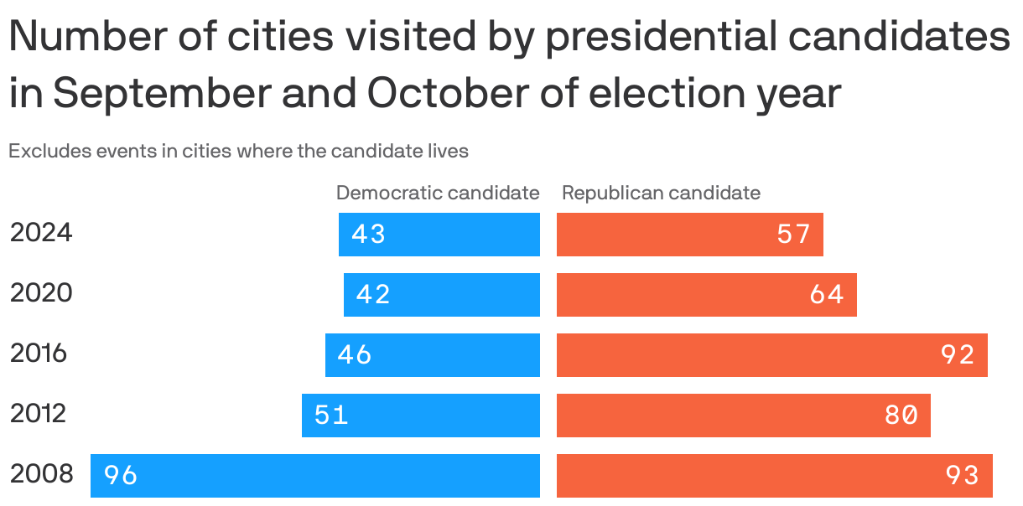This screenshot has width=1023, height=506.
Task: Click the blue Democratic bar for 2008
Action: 315,476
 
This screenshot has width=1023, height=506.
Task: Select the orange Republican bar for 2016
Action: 771,355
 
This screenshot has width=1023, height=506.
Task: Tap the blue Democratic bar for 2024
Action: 439,235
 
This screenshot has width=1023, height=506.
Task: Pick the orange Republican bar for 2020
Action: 706,295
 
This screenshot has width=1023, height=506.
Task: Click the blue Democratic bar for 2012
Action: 421,416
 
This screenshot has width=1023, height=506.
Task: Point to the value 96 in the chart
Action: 121,476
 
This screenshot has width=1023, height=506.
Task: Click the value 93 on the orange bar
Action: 962,476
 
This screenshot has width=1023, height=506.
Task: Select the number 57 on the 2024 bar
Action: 793,235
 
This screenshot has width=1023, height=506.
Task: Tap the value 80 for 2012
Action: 901,416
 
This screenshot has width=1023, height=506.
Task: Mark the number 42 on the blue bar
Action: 373,295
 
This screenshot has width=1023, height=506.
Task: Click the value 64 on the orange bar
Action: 827,295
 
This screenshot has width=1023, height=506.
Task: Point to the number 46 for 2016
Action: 355,355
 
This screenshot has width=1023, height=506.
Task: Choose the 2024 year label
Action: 41,233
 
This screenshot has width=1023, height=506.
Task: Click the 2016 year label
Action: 39,354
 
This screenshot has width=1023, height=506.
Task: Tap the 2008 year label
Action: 42,474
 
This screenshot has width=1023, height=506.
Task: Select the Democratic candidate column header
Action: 438,193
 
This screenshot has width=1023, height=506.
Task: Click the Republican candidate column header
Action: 661,193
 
